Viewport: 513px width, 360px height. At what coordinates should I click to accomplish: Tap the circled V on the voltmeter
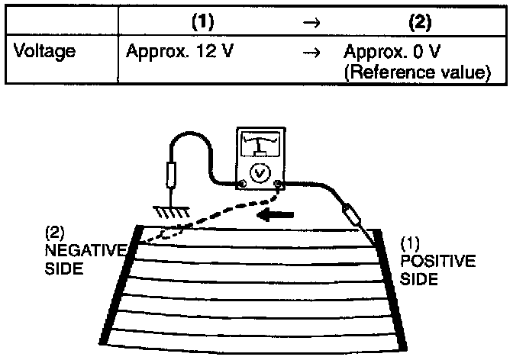(261, 173)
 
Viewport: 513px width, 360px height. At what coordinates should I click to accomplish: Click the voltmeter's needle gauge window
(261, 145)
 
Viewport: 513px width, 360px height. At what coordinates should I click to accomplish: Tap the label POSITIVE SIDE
(438, 263)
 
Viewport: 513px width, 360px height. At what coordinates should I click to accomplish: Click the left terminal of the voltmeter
(241, 184)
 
